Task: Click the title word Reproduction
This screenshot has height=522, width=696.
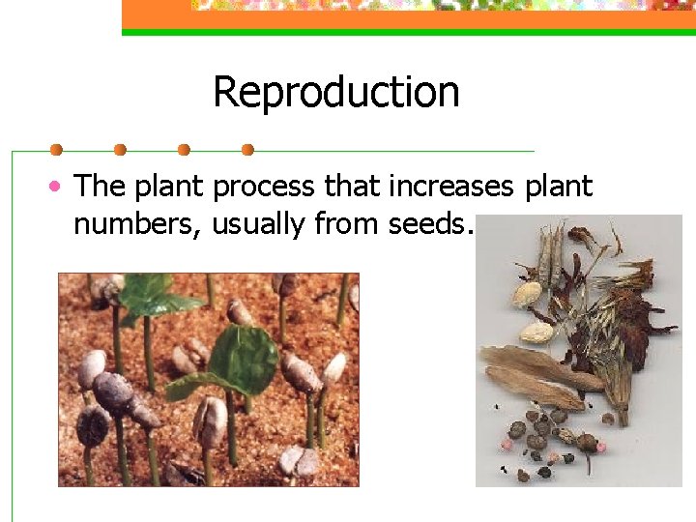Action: tap(335, 93)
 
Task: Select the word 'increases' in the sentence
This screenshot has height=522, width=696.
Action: tap(452, 186)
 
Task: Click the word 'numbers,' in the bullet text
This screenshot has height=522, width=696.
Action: tap(137, 224)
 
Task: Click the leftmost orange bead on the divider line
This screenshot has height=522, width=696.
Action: tap(56, 150)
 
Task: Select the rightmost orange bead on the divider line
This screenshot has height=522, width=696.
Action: tap(247, 150)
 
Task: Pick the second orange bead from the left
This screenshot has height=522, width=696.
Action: tap(120, 150)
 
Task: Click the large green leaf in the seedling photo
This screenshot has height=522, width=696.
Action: tap(244, 360)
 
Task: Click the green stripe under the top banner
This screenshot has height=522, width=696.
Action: tap(406, 32)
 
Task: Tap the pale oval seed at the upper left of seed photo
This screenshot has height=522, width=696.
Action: tap(528, 293)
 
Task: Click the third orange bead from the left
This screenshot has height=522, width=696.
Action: tap(184, 150)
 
